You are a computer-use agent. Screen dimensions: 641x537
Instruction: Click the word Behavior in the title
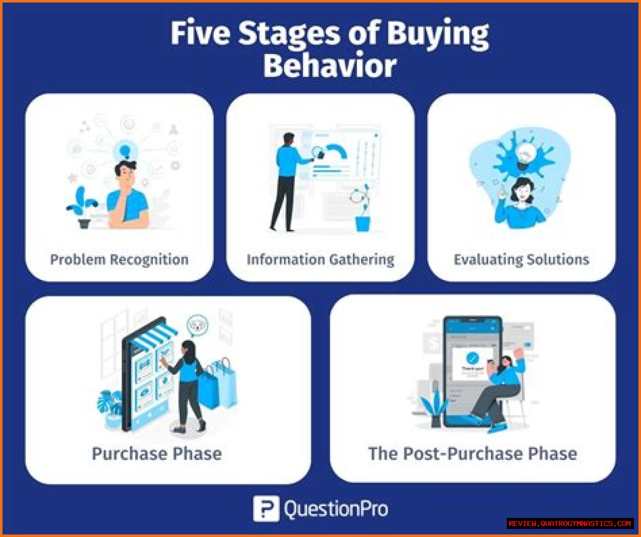[x=330, y=65]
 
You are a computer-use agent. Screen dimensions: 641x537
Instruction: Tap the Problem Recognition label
[x=119, y=260]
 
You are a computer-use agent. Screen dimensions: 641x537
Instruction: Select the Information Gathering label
[x=320, y=260]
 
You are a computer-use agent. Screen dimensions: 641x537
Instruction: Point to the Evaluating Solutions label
[x=522, y=260]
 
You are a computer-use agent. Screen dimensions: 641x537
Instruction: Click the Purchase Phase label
[x=157, y=454]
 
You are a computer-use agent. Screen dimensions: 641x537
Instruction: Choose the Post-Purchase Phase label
[x=473, y=454]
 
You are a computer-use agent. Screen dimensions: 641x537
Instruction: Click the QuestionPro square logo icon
[x=266, y=509]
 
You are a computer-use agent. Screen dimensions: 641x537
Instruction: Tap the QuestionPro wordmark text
[x=336, y=509]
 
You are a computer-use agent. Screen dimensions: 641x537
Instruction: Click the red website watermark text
[x=570, y=523]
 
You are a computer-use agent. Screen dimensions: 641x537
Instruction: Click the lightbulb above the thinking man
[x=125, y=151]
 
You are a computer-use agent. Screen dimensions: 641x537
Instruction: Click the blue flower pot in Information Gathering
[x=363, y=224]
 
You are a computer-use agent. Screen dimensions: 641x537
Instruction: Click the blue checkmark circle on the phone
[x=472, y=358]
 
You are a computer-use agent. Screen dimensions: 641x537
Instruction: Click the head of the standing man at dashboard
[x=288, y=140]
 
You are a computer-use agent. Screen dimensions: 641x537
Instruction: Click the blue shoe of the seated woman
[x=498, y=427]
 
